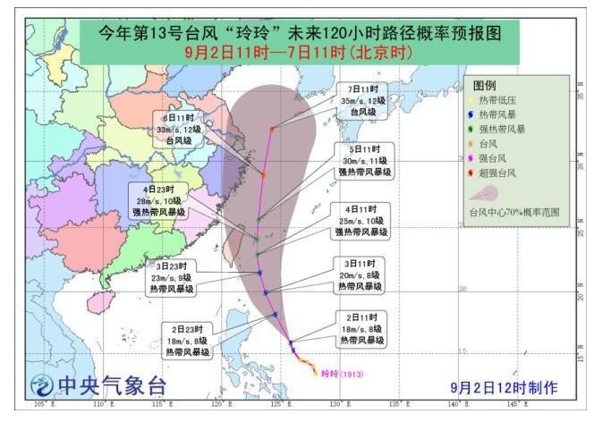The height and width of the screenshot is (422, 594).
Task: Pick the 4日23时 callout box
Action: pos(159,201)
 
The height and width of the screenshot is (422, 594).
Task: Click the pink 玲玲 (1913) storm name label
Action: pos(339,374)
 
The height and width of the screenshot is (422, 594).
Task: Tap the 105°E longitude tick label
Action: pos(40,407)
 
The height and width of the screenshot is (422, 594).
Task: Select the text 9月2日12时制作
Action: pos(505,387)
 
